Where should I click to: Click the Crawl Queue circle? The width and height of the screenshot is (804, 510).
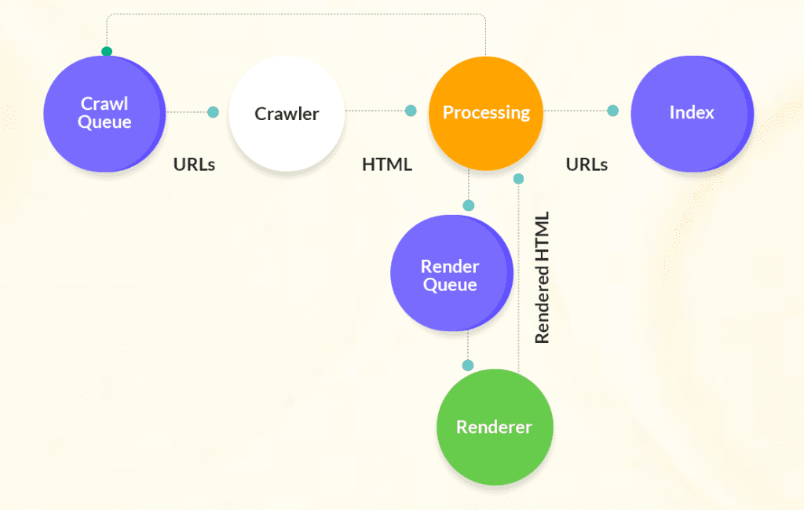104,113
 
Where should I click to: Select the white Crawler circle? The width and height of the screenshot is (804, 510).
287,114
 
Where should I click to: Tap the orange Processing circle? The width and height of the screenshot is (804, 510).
486,113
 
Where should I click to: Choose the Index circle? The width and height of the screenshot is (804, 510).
691,113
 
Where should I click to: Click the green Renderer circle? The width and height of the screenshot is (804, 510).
495,428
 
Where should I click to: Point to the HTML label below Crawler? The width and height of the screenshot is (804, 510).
386,165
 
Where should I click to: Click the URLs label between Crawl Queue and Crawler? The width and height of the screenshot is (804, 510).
194,165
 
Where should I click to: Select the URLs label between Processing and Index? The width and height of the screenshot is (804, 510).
587,165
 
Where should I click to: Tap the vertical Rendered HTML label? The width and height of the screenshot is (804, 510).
542,277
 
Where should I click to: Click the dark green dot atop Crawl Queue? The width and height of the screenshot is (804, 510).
107,52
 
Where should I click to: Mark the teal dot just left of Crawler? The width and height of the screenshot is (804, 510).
213,112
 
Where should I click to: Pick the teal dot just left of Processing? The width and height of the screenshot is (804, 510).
411,111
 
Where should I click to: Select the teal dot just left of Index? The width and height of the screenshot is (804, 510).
612,111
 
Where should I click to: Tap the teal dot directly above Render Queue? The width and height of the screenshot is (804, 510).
469,206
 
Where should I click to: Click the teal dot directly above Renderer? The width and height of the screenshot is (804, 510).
469,366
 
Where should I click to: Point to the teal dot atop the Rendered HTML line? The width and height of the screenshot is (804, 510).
518,179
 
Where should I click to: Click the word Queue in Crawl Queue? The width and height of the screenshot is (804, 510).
104,122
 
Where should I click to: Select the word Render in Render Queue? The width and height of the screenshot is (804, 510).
450,266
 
